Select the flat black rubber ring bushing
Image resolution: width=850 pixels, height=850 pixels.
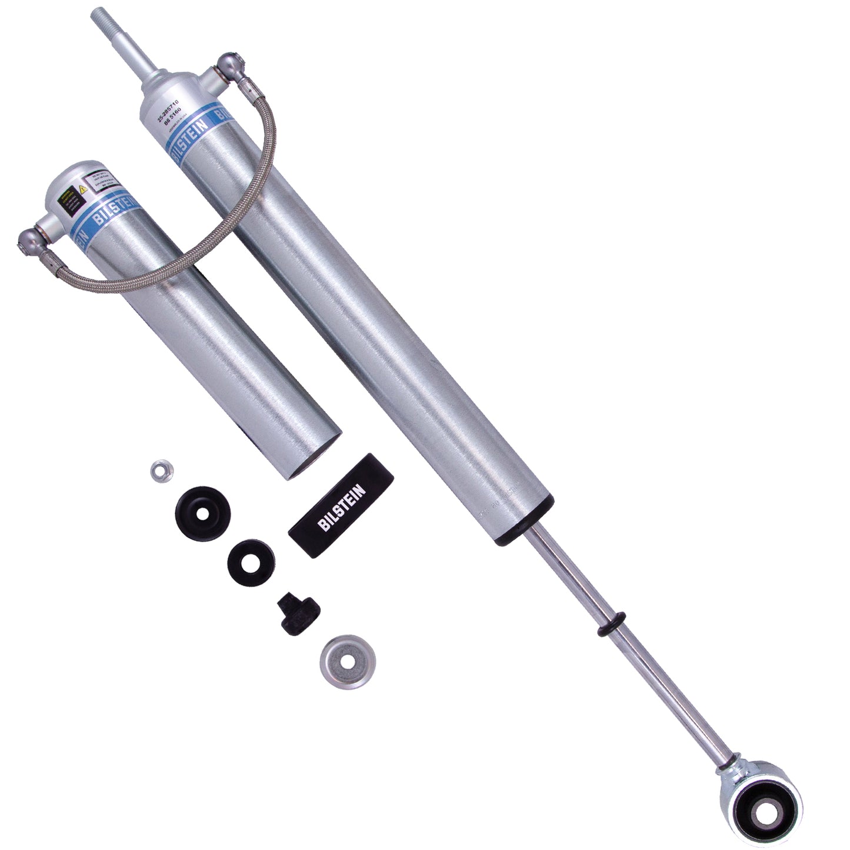(250, 561)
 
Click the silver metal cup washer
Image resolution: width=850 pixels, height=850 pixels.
(348, 659)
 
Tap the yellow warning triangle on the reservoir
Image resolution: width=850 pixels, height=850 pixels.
(82, 191)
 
